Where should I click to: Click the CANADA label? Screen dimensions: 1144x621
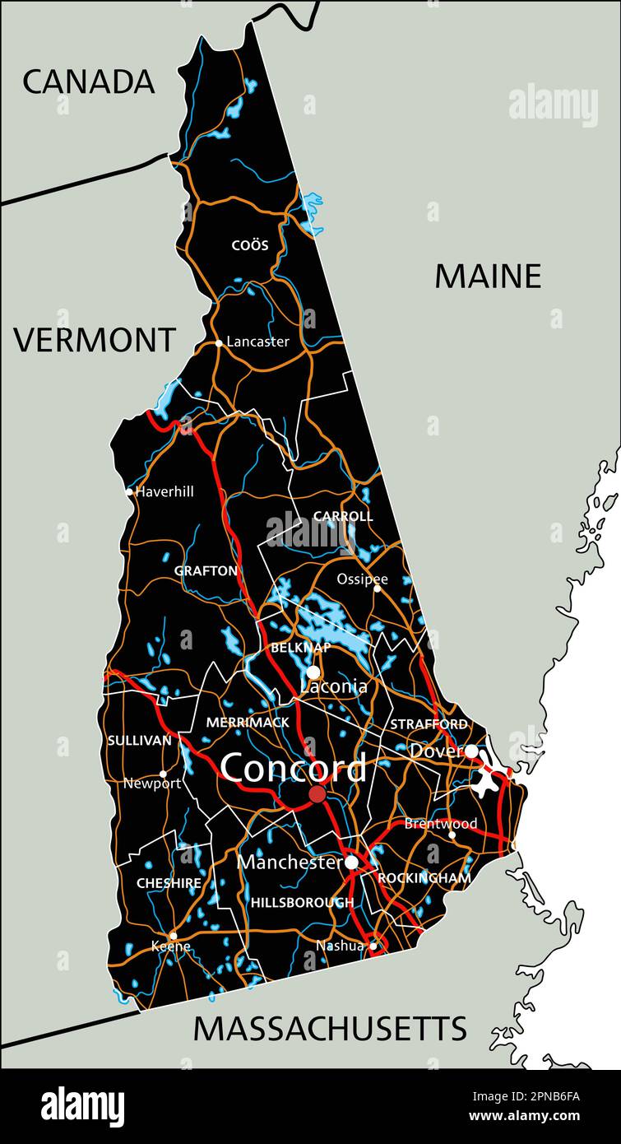pyautogui.click(x=88, y=81)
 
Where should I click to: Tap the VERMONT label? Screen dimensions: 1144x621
pyautogui.click(x=95, y=340)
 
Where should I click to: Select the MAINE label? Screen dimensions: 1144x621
pyautogui.click(x=488, y=277)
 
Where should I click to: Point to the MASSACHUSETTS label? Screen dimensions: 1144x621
pyautogui.click(x=330, y=1029)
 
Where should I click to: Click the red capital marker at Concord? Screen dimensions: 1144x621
pyautogui.click(x=317, y=794)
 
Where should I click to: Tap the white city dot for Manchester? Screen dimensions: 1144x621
pyautogui.click(x=352, y=863)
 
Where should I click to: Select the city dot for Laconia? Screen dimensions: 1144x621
pyautogui.click(x=313, y=672)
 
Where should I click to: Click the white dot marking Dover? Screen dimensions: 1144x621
pyautogui.click(x=470, y=751)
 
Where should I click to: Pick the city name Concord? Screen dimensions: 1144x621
pyautogui.click(x=293, y=769)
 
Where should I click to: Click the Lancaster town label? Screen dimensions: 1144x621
pyautogui.click(x=257, y=342)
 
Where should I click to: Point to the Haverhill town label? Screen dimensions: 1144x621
pyautogui.click(x=165, y=491)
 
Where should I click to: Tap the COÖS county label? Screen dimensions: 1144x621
pyautogui.click(x=250, y=245)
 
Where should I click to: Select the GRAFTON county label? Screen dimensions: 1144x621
pyautogui.click(x=206, y=570)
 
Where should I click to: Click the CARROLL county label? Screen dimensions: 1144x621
pyautogui.click(x=343, y=517)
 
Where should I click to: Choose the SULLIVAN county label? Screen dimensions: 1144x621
pyautogui.click(x=140, y=741)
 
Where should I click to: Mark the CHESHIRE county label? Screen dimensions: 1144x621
pyautogui.click(x=169, y=883)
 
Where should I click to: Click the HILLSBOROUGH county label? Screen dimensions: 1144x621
pyautogui.click(x=302, y=902)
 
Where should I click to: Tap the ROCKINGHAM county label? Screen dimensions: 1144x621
pyautogui.click(x=424, y=878)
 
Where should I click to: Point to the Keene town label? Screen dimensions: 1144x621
pyautogui.click(x=170, y=946)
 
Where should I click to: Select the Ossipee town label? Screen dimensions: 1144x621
pyautogui.click(x=362, y=579)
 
